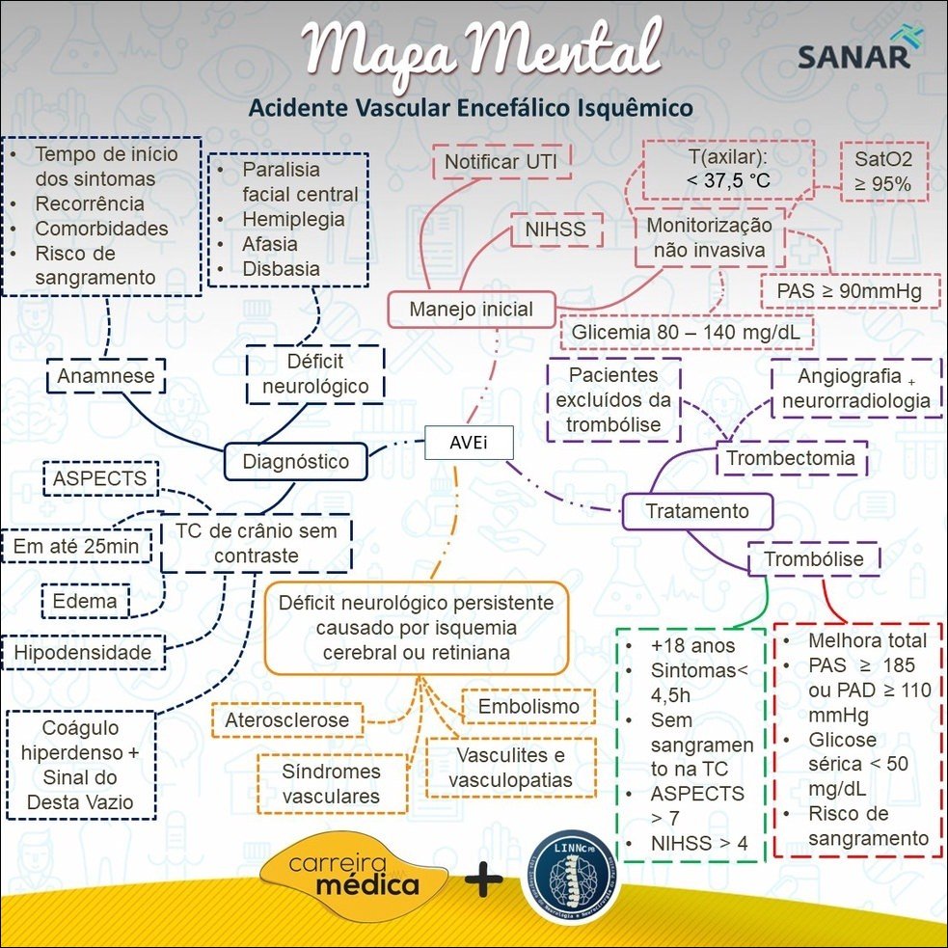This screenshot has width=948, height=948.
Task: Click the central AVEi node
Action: point(468,442)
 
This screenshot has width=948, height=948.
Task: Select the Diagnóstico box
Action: point(295,462)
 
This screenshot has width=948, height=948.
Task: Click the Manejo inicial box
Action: point(471,311)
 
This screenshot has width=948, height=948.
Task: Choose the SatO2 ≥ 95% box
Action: point(883,172)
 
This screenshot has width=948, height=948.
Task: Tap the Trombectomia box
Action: point(791,459)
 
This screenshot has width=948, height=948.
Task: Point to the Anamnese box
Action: point(106,376)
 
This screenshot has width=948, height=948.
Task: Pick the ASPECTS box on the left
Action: point(100,478)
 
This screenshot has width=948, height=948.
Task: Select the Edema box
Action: point(85,601)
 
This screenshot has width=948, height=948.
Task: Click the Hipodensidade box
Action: point(83,653)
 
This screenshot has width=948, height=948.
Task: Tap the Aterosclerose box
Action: point(286,720)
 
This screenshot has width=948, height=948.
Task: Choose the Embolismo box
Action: point(528,707)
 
